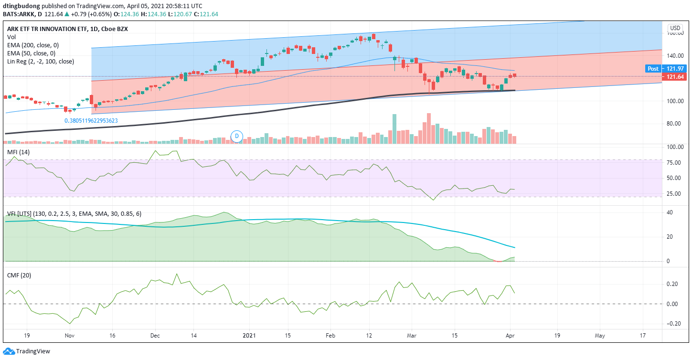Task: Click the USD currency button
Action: coord(675,28)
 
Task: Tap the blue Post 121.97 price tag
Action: coord(666,69)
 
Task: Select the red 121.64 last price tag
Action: coord(674,76)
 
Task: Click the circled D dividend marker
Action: coord(237,136)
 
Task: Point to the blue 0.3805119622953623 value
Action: coord(91,121)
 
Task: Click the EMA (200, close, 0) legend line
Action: coord(33,45)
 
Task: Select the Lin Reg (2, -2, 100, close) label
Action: coord(41,62)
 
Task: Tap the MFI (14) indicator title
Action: coord(18,152)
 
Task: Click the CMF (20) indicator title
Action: coord(19,275)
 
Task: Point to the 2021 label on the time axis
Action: coord(249,336)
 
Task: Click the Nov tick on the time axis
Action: coord(70,336)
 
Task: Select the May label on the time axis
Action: coord(600,336)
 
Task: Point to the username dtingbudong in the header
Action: coord(21,6)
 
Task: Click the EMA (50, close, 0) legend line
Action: coord(31,53)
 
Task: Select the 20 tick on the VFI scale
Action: coord(670,237)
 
